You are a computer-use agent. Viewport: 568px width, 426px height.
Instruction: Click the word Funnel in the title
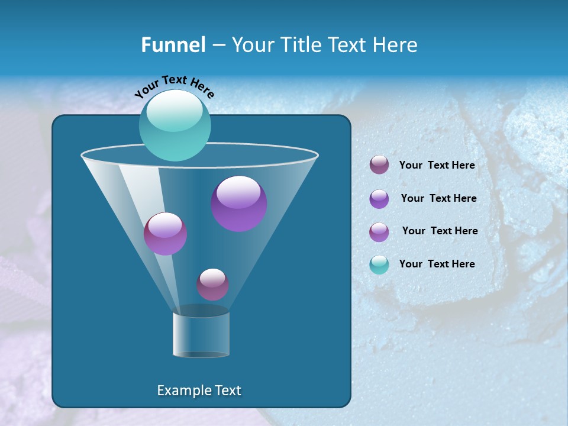(x=173, y=45)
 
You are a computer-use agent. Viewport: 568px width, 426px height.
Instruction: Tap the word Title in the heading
(x=299, y=45)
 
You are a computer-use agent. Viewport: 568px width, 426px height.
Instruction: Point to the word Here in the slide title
(x=395, y=45)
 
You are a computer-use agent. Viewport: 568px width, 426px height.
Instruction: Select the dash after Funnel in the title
(x=218, y=46)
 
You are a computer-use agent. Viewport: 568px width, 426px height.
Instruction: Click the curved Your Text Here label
(x=174, y=86)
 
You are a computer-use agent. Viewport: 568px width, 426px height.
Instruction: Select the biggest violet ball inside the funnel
(x=238, y=204)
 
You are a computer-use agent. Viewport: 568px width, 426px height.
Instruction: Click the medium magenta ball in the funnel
(x=165, y=234)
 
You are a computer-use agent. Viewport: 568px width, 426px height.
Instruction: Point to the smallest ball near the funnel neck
(x=212, y=284)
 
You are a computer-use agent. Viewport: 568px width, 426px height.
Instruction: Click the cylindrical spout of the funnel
(x=201, y=334)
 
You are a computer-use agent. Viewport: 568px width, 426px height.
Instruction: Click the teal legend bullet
(x=379, y=264)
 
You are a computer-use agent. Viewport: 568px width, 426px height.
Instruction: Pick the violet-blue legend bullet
(x=379, y=199)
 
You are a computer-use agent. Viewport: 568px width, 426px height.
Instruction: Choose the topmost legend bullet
(x=379, y=165)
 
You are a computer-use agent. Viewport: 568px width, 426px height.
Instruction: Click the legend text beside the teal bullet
(x=437, y=264)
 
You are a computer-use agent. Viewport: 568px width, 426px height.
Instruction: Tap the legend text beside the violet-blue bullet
(x=438, y=198)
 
